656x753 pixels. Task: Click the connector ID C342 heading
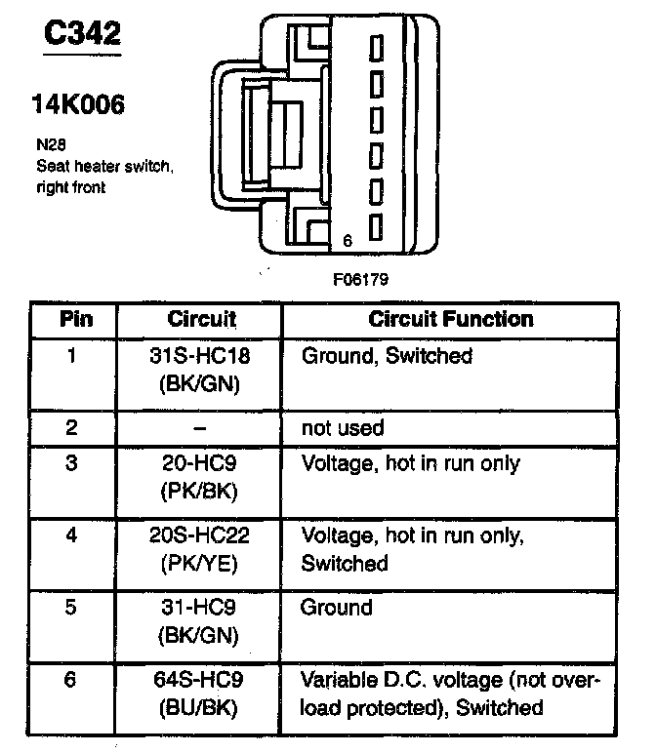click(x=82, y=35)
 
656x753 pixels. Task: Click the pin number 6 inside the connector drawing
click(x=348, y=239)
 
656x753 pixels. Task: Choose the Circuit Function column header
click(x=450, y=319)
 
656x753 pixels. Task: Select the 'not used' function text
click(x=343, y=427)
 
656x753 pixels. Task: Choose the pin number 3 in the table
click(x=71, y=464)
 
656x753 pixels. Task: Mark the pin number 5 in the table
click(x=71, y=608)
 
